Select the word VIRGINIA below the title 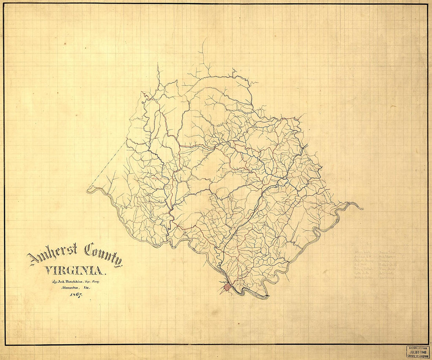coord(75,270)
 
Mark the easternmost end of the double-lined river coord(362,208)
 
